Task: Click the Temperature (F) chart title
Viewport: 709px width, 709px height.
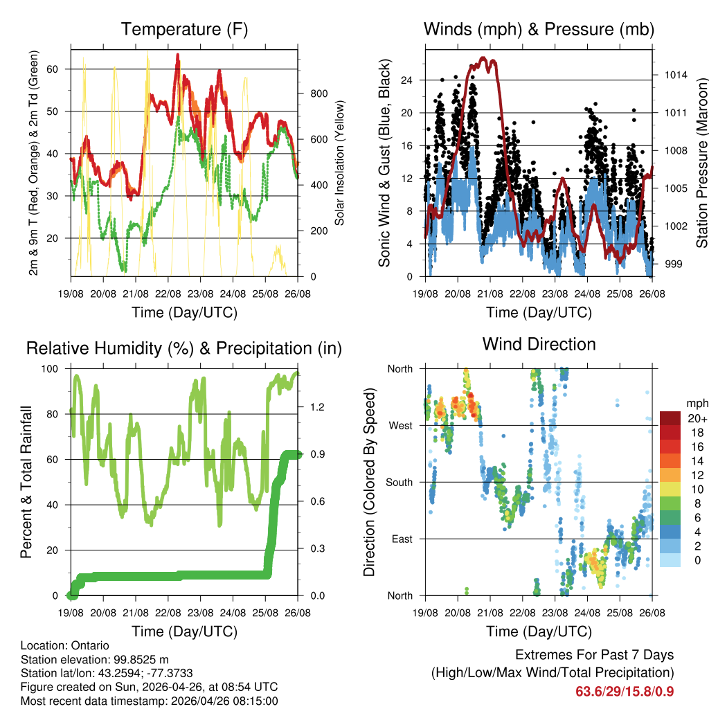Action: click(x=184, y=29)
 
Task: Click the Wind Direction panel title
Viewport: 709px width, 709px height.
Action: click(x=539, y=344)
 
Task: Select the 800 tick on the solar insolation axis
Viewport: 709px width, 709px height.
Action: click(x=317, y=93)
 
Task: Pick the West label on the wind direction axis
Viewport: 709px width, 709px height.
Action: click(x=400, y=425)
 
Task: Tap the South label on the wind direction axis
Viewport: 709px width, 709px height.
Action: click(x=399, y=482)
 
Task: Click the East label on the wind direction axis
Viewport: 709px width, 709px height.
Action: click(x=401, y=539)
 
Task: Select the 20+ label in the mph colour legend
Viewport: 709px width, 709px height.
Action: click(x=695, y=418)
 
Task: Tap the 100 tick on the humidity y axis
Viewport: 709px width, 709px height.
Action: click(x=54, y=368)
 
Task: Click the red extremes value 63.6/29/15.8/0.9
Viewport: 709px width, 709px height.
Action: click(x=625, y=691)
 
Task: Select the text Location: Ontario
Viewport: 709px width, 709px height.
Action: click(x=65, y=646)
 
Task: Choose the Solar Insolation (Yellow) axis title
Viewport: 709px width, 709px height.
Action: click(x=340, y=163)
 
